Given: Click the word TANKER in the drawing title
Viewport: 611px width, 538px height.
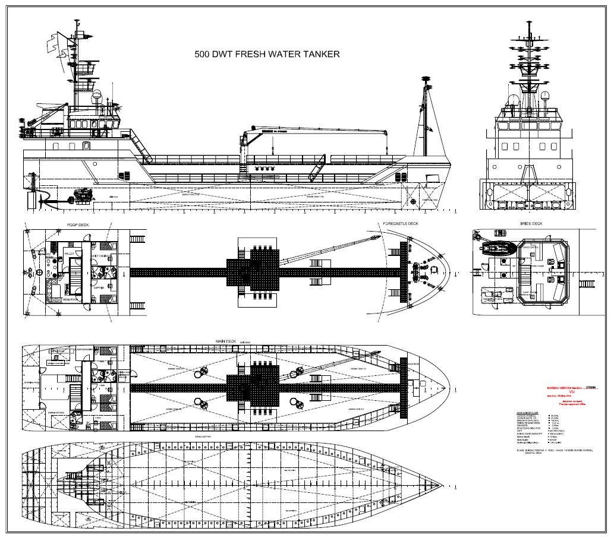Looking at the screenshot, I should pos(319,54).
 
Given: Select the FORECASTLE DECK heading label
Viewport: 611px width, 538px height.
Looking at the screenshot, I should pos(401,224).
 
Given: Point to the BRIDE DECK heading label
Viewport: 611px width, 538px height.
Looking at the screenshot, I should pos(531,224).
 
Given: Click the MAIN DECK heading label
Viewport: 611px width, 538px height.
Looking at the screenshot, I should pos(226,341).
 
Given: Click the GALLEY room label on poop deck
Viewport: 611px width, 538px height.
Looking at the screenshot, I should pos(69,252).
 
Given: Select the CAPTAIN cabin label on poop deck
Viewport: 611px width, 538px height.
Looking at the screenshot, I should pos(98,288).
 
